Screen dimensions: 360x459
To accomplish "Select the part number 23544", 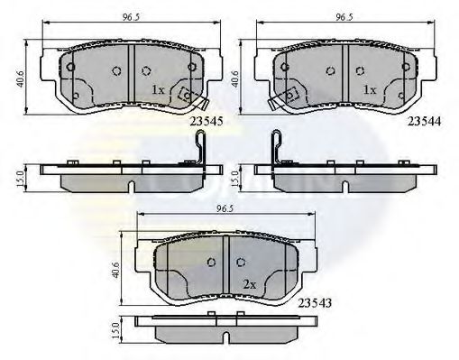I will click(424, 118).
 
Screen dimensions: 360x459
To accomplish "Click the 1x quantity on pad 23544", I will click(369, 90).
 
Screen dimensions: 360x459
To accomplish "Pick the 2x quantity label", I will click(250, 282).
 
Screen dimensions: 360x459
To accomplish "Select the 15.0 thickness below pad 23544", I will click(236, 178).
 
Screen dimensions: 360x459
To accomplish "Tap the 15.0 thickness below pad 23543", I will click(115, 333).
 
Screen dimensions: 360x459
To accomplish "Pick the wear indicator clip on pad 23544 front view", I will click(284, 97).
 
